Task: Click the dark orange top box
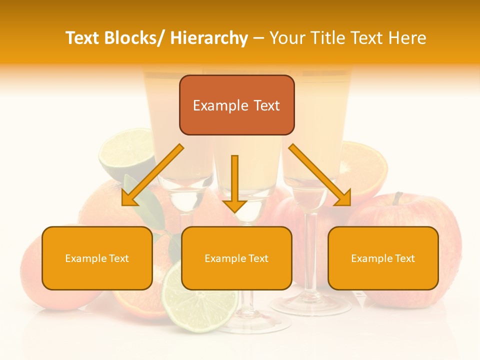coord(236,105)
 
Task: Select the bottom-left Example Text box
coord(97,258)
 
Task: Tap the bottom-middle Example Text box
coord(236,258)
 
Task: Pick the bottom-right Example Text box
coord(383,258)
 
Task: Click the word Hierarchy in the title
coord(209,38)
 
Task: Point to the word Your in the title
coord(287,38)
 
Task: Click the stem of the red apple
coord(397,198)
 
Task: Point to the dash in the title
coord(258,38)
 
